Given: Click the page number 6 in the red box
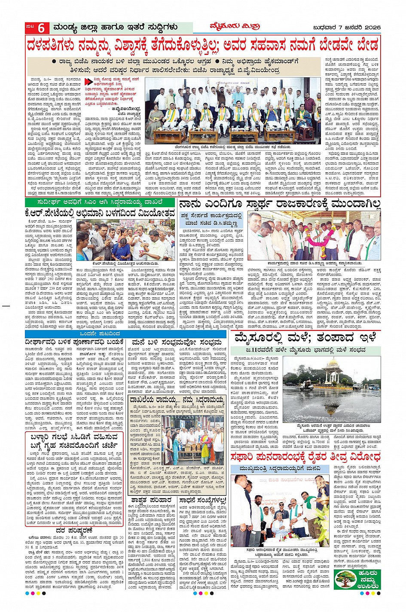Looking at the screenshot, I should point(41,28).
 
